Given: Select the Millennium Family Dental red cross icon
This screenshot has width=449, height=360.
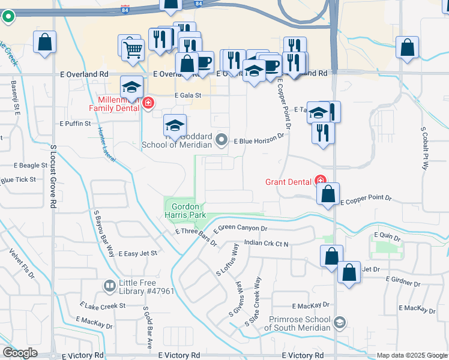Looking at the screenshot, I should (x=148, y=104).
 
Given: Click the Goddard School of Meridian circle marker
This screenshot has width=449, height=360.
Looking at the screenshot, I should (x=221, y=140).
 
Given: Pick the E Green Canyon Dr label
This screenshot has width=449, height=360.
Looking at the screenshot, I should (x=239, y=228).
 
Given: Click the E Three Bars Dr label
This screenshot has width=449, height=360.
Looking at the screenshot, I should (x=195, y=231).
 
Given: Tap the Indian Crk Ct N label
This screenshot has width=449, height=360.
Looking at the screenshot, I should (x=267, y=244).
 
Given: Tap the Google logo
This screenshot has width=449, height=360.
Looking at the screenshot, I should (x=20, y=353).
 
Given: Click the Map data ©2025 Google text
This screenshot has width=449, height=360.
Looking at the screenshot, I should (x=412, y=355).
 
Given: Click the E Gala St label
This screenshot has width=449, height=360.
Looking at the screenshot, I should (x=187, y=95).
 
